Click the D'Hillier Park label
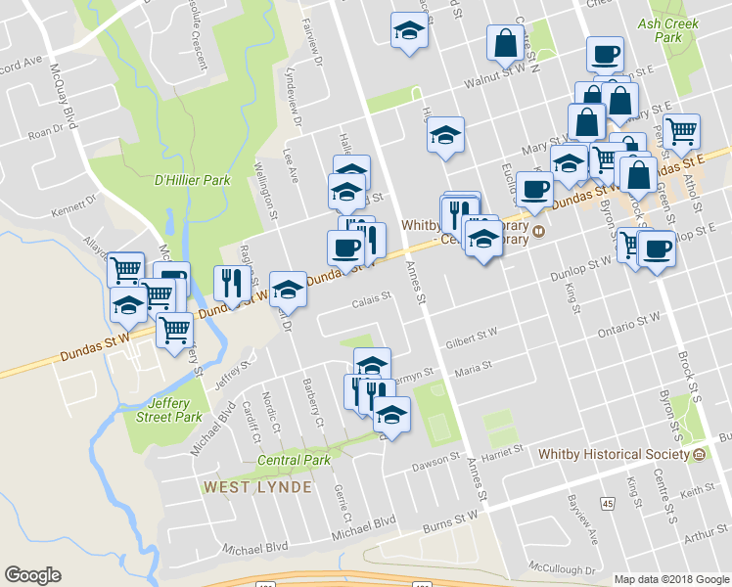click(192, 180)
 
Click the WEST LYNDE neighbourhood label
click(257, 486)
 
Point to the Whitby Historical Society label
click(615, 454)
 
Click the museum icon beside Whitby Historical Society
click(700, 455)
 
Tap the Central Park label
click(294, 460)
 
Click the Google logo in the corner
click(32, 575)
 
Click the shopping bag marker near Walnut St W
click(505, 44)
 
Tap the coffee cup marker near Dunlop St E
click(656, 248)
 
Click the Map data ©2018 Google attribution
click(670, 579)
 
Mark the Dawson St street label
click(436, 458)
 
